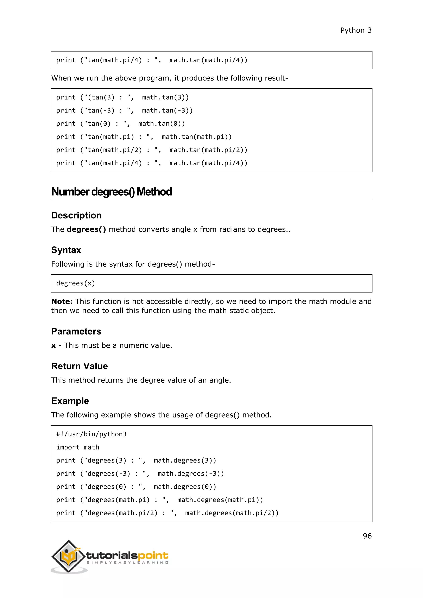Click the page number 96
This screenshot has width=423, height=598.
tap(367, 536)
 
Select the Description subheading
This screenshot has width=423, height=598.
tap(76, 215)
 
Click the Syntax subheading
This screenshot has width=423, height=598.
tap(66, 250)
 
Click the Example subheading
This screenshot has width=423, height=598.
tap(70, 401)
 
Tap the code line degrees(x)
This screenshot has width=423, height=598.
tap(76, 283)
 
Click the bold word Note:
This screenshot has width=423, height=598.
tap(62, 302)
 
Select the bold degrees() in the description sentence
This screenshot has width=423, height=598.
tap(86, 229)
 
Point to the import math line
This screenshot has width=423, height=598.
tap(78, 447)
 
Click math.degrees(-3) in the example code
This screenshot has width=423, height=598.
tap(191, 473)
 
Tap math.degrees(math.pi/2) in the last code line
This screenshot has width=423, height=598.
tap(232, 513)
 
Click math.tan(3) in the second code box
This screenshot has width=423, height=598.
tap(165, 97)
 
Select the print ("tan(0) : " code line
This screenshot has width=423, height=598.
tap(120, 124)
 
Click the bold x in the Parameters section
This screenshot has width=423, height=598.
tap(54, 346)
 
